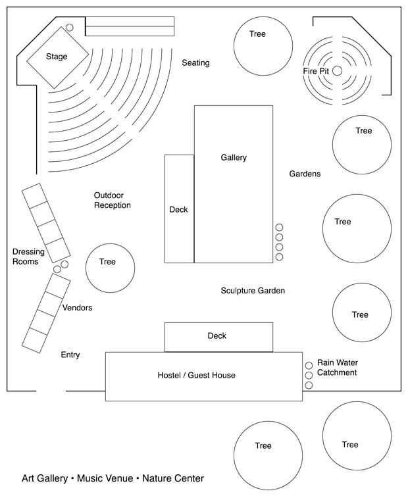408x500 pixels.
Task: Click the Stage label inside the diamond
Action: tap(57, 57)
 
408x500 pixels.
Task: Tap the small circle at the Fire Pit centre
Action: tap(337, 70)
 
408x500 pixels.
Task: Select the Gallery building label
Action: tap(234, 158)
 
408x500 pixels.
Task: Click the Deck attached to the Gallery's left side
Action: tap(179, 209)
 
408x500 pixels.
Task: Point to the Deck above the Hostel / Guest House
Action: tap(218, 336)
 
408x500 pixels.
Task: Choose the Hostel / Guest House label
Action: tap(196, 376)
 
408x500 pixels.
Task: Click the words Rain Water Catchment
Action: tap(337, 368)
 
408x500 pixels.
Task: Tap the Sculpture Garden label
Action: tap(253, 290)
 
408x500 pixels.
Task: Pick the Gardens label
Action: tap(305, 174)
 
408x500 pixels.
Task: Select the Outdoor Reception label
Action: tap(112, 201)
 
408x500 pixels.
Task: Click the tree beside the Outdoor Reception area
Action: tap(110, 268)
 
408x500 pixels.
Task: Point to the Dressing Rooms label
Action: tap(28, 257)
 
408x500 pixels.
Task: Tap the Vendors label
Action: tap(77, 308)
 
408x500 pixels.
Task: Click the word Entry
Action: tap(70, 355)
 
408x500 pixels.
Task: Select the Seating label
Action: tap(195, 63)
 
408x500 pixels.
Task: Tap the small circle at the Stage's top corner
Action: tap(69, 28)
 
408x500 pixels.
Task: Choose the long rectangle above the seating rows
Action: tap(130, 26)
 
